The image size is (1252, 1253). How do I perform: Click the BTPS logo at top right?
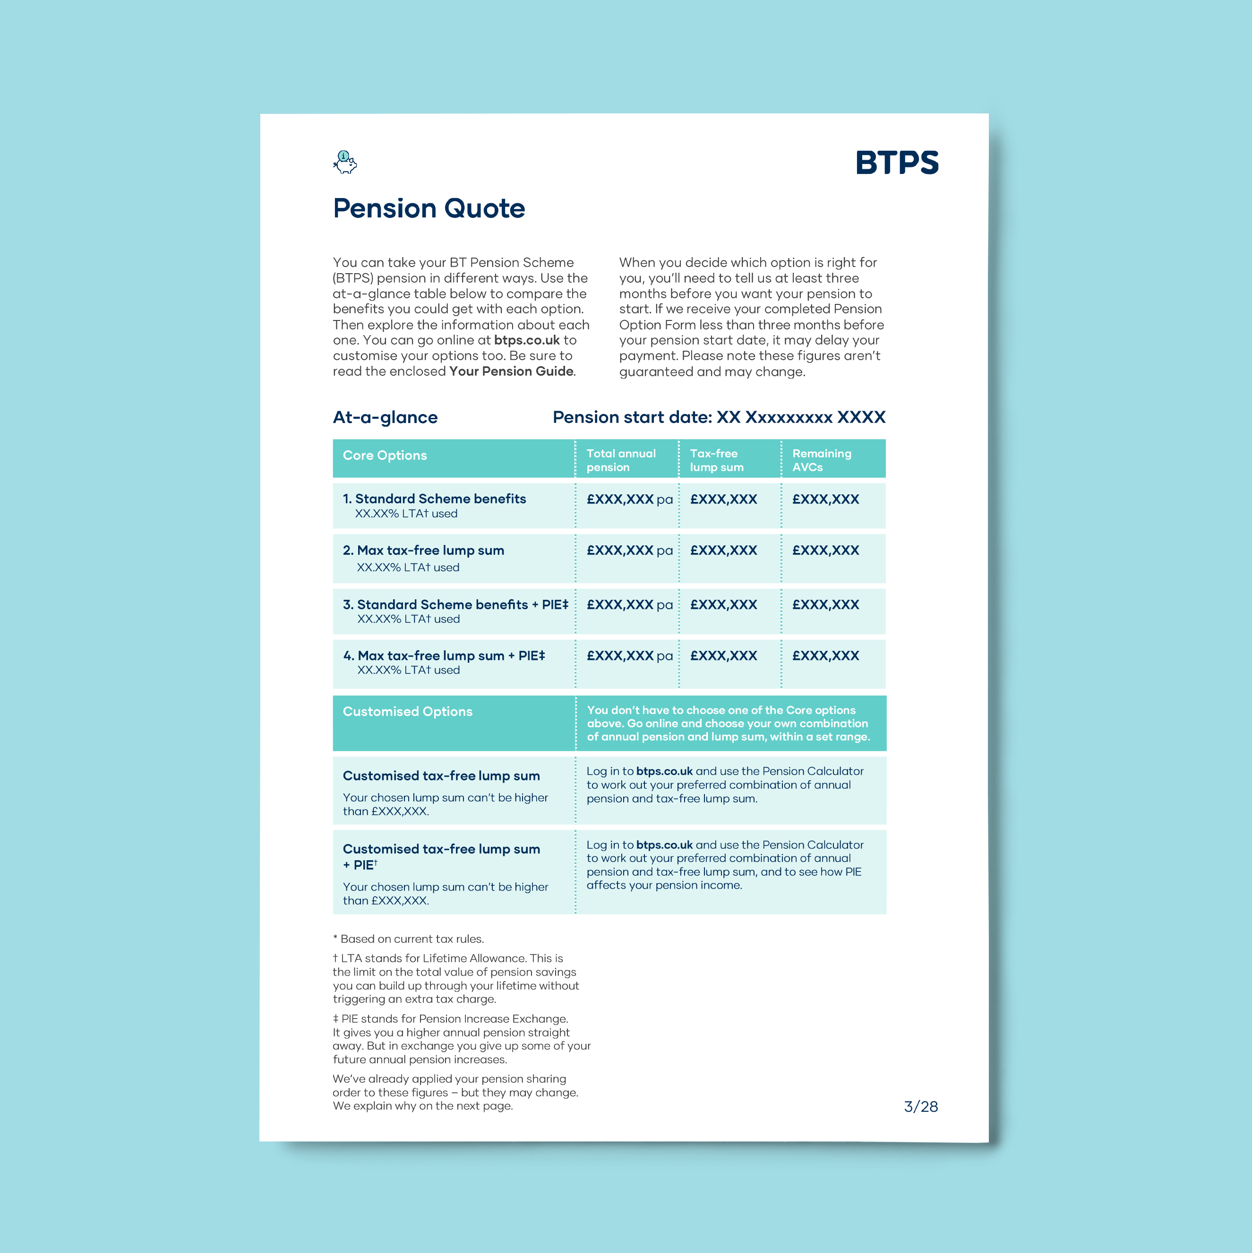tap(896, 163)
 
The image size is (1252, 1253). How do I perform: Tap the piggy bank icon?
tap(345, 162)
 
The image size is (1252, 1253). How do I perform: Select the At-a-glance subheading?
tap(385, 417)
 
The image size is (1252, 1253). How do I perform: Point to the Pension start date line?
tap(719, 417)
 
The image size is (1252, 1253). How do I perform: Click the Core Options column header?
tap(385, 455)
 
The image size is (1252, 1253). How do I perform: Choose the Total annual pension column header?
tap(620, 460)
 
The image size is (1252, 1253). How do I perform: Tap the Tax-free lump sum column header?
tap(716, 460)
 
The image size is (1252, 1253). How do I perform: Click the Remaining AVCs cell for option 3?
tap(825, 605)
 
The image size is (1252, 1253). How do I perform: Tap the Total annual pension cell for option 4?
tap(629, 656)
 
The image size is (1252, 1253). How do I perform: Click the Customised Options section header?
tap(407, 711)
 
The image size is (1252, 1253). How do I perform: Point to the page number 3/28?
tap(920, 1106)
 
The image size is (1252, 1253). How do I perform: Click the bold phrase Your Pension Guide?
tap(511, 371)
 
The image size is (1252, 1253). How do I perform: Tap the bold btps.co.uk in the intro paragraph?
tap(526, 340)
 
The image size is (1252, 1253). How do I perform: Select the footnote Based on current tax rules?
tap(409, 939)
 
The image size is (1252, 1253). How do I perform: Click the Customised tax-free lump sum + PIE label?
tap(441, 856)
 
